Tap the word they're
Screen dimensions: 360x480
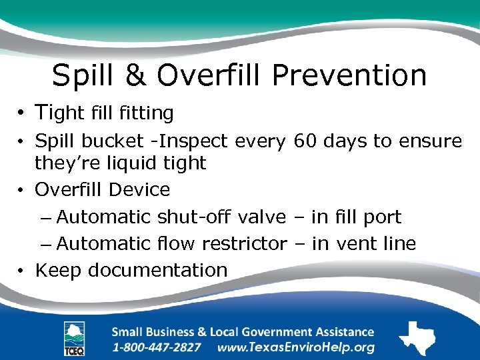click(65, 163)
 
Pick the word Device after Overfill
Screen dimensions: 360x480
click(139, 189)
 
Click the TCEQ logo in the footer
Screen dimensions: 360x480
click(74, 338)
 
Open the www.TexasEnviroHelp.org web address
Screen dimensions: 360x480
click(296, 347)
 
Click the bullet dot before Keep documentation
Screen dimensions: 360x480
click(22, 271)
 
